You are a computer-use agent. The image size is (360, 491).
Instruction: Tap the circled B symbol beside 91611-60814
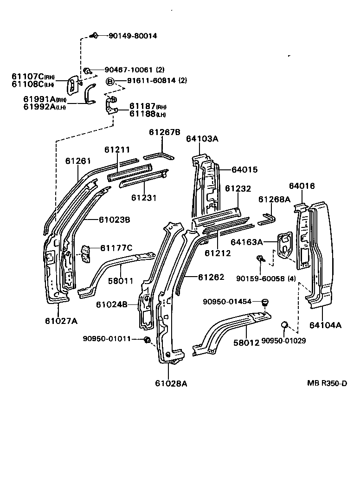[110, 82]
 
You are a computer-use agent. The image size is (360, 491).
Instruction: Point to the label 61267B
[164, 132]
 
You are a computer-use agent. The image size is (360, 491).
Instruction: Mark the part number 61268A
[274, 199]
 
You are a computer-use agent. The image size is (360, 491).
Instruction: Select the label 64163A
[246, 241]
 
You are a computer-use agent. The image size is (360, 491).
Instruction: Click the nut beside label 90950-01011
[147, 340]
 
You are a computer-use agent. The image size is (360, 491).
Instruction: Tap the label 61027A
[61, 320]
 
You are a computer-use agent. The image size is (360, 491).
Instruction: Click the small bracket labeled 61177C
[85, 253]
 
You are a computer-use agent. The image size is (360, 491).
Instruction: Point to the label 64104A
[325, 325]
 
